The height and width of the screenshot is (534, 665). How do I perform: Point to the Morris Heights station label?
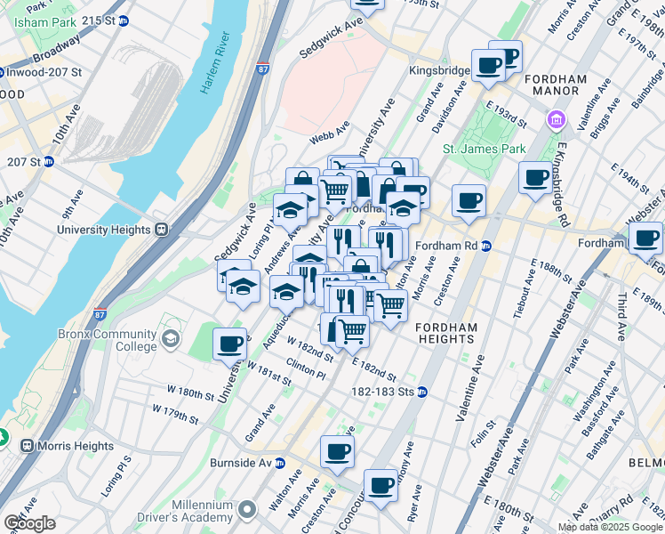75,446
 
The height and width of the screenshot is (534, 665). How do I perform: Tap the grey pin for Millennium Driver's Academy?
247,510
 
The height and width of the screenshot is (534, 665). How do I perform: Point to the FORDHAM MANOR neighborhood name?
556,85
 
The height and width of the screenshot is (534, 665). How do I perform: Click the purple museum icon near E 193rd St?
557,119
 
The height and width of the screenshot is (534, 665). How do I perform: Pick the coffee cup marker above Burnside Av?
337,451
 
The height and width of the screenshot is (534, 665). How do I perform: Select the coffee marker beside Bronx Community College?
229,343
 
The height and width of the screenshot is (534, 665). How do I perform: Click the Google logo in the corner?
29,522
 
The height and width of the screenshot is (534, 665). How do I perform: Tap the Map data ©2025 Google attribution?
610,527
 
